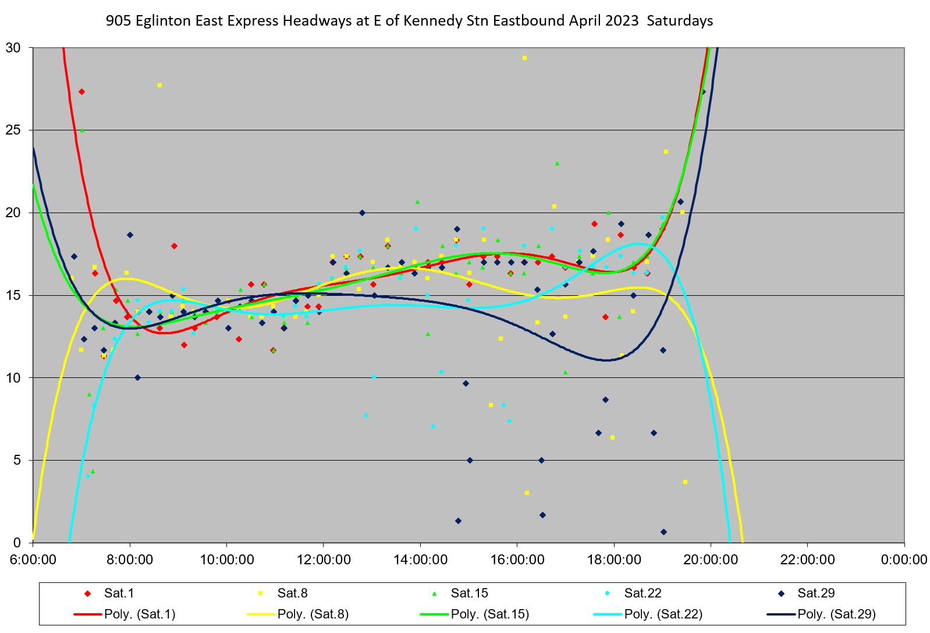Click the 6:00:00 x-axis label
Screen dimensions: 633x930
pyautogui.click(x=33, y=560)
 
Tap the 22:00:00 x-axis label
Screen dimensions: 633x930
pyautogui.click(x=807, y=560)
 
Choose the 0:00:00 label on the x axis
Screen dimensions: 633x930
pyautogui.click(x=904, y=560)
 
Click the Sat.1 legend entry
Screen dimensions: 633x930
pyautogui.click(x=119, y=593)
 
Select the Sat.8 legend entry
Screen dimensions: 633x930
pyautogui.click(x=292, y=593)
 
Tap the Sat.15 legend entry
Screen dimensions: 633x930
pyautogui.click(x=469, y=593)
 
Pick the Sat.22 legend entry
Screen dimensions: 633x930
pyautogui.click(x=643, y=593)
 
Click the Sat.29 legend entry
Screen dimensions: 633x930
pyautogui.click(x=816, y=593)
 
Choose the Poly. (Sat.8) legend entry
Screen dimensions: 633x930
pyautogui.click(x=313, y=614)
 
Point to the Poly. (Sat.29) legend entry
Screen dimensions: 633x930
pyautogui.click(x=836, y=614)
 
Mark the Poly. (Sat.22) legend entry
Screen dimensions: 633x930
pyautogui.click(x=663, y=614)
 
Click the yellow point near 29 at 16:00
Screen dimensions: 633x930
pyautogui.click(x=524, y=58)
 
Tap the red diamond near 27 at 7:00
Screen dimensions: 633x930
pyautogui.click(x=81, y=91)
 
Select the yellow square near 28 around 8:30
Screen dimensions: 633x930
pyautogui.click(x=159, y=85)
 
